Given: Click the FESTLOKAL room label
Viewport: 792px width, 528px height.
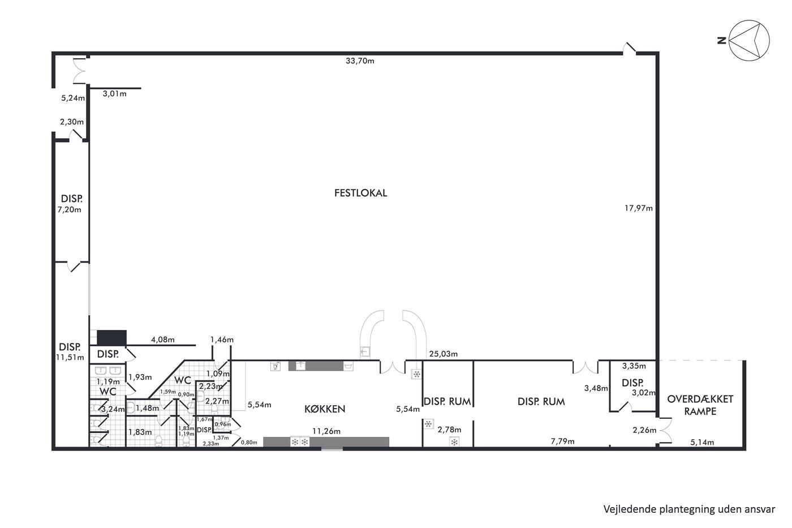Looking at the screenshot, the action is [x=361, y=193].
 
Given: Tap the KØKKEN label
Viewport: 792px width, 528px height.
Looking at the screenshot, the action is [x=325, y=409].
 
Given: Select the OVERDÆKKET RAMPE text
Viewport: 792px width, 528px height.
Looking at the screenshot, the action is [x=700, y=405].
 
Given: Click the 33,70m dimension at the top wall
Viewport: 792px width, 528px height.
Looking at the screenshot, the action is [x=360, y=61].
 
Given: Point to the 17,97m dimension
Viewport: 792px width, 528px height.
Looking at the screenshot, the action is [x=639, y=208].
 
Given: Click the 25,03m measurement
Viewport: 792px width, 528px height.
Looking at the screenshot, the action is [x=444, y=354].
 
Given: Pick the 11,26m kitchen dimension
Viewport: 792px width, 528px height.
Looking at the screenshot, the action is [x=326, y=431].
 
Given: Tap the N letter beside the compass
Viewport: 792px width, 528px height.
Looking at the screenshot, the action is [x=722, y=41].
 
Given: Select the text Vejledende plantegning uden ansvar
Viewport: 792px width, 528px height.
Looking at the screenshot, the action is [x=689, y=509].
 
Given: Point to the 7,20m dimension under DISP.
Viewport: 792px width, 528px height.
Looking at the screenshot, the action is [x=69, y=210].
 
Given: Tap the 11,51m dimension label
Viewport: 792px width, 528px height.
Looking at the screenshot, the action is [x=70, y=358].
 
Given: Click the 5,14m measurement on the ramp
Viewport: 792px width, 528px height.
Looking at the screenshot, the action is [x=702, y=443].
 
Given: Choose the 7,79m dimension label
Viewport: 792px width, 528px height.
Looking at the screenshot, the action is [x=562, y=441].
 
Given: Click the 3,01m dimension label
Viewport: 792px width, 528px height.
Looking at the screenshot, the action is [x=114, y=94].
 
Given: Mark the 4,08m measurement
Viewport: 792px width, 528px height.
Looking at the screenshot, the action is [x=163, y=340].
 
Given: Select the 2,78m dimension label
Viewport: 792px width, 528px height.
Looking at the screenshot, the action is [x=449, y=430].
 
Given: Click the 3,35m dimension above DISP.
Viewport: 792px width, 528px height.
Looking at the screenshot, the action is [x=634, y=366].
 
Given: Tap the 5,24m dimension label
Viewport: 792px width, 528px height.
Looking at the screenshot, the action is [x=73, y=98].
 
